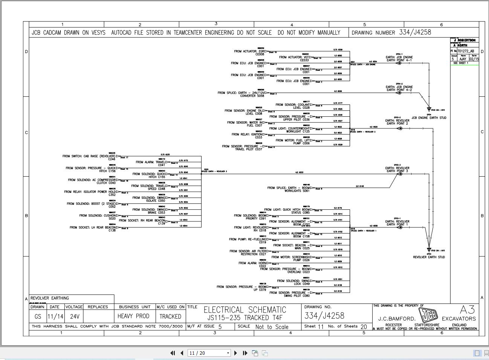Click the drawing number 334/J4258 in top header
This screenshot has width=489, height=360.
(x=415, y=32)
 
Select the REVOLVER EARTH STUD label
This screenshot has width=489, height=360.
(x=429, y=257)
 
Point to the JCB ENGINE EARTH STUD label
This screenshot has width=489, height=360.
(x=429, y=118)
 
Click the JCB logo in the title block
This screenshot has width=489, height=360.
(x=428, y=315)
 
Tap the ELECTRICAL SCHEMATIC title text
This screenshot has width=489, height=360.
(x=245, y=310)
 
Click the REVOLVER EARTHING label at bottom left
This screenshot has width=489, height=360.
(x=50, y=298)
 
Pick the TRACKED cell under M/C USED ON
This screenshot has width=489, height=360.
(x=170, y=317)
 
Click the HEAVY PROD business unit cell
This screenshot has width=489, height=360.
(x=133, y=317)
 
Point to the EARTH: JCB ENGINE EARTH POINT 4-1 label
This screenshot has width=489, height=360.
(x=399, y=59)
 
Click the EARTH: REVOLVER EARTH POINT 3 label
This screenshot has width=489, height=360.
(x=397, y=170)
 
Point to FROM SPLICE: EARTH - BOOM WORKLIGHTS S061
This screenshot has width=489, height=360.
(x=289, y=189)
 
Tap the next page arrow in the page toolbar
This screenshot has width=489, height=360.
(x=236, y=353)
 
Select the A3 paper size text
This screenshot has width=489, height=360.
(x=467, y=310)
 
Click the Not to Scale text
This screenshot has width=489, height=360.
(x=272, y=327)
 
